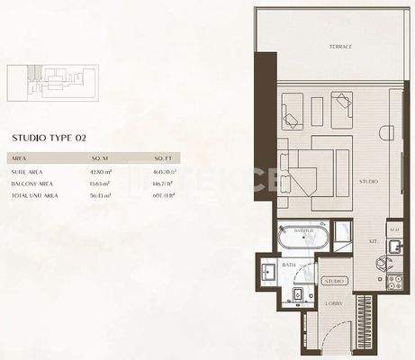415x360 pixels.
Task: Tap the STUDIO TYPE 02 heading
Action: (49, 138)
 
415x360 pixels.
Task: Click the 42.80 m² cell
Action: (101, 170)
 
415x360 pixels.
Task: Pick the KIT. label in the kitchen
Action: (372, 242)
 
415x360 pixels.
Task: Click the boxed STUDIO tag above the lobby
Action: (334, 282)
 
